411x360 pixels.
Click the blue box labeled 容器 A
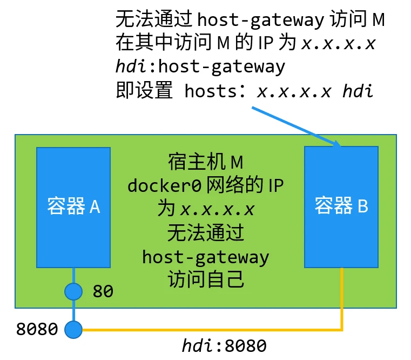(x=73, y=207)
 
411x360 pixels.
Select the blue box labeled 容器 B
(x=341, y=207)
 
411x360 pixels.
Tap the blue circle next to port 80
(x=73, y=291)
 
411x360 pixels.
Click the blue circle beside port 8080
(x=73, y=329)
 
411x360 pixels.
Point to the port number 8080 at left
(x=37, y=329)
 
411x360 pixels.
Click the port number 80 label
(x=103, y=292)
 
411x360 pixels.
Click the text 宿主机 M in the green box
(x=206, y=162)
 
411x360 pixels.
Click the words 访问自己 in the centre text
(x=206, y=279)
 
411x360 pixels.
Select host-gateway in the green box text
(x=206, y=256)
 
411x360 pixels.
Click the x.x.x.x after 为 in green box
(x=218, y=209)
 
